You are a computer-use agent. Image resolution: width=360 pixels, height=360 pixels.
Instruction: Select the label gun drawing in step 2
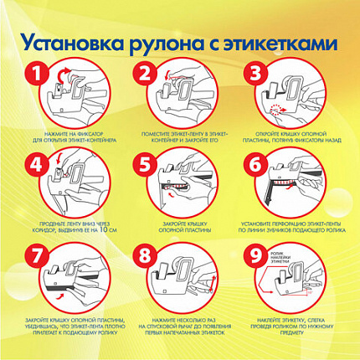coord(186,94)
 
